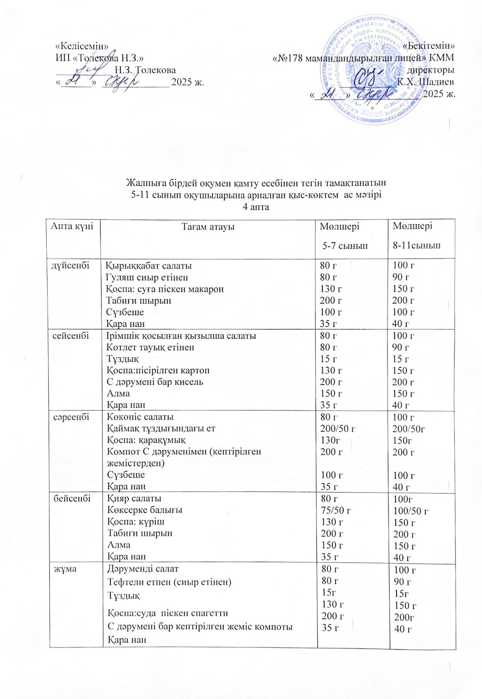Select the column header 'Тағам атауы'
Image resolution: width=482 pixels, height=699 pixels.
click(x=208, y=226)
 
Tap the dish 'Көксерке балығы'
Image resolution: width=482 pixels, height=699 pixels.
click(x=144, y=510)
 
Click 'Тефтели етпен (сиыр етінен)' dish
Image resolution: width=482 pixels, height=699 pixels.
click(x=169, y=582)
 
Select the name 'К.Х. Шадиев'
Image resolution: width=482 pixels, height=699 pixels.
click(x=426, y=82)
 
